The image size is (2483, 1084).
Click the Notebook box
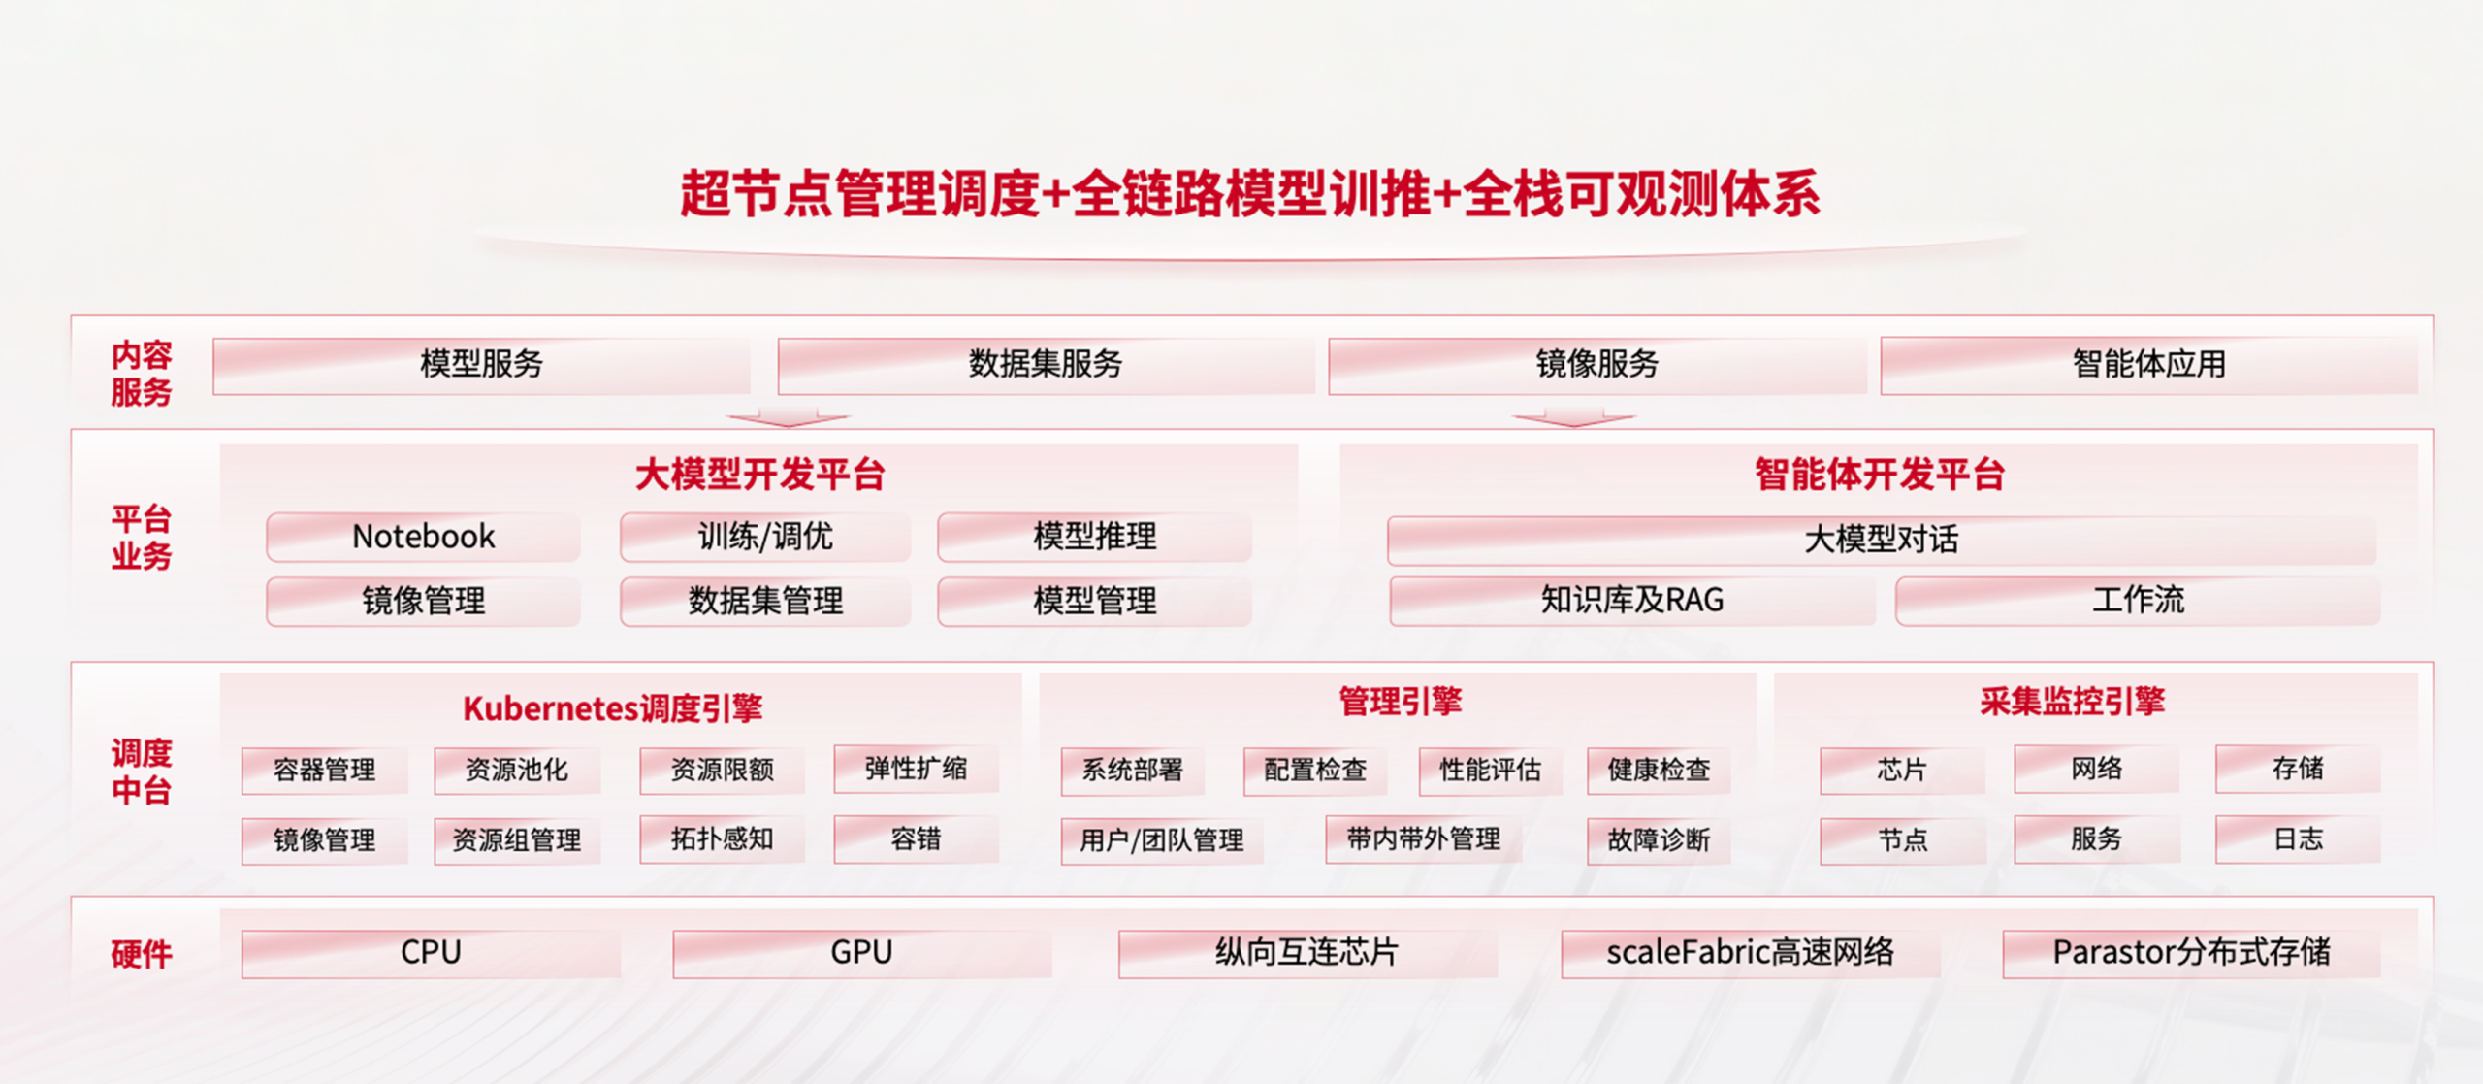[423, 537]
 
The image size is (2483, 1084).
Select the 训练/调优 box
[765, 537]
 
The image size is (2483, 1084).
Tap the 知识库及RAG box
[1631, 601]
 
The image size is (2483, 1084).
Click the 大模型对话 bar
[1882, 540]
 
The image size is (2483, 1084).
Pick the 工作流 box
[2138, 601]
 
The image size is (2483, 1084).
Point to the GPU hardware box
[862, 953]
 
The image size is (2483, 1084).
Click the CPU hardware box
[431, 953]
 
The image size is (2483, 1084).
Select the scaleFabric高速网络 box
[1751, 953]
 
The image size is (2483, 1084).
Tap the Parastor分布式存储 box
[2192, 953]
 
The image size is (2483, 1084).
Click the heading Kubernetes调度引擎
[613, 708]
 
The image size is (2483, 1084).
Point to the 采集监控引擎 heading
[2073, 702]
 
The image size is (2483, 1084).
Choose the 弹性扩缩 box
[916, 769]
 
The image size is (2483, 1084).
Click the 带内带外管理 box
[1423, 838]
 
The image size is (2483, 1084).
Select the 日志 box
[2298, 838]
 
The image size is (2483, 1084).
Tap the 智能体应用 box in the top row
[2149, 365]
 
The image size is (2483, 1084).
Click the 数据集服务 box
[1046, 365]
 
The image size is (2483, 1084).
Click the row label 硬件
[142, 954]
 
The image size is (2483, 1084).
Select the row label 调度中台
[142, 772]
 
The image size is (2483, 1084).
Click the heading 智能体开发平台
[1880, 476]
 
